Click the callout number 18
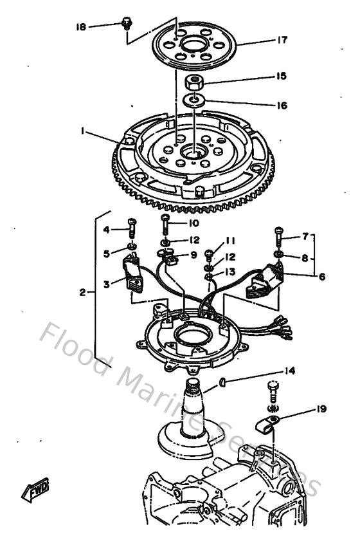point(80,27)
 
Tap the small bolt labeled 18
point(127,24)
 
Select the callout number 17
point(282,40)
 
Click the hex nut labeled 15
point(194,82)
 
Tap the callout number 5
point(107,253)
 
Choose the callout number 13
point(230,271)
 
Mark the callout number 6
point(321,277)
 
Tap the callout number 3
point(107,281)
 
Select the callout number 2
point(83,292)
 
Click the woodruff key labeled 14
point(222,382)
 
